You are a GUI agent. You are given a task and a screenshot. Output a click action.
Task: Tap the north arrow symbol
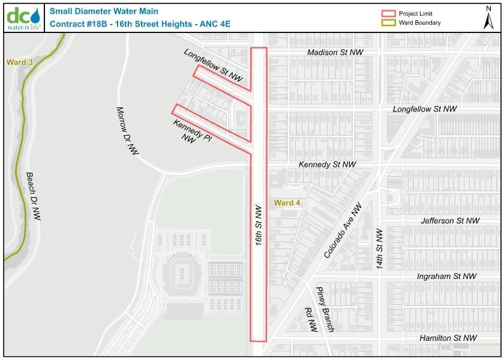(x=489, y=17)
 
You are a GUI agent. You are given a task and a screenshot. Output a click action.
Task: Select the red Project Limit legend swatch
(x=389, y=14)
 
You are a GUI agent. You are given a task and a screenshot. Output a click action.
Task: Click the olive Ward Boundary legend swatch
(x=389, y=23)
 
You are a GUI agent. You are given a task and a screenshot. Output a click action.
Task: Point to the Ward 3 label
(x=19, y=62)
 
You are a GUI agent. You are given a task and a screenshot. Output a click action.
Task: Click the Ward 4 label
(x=287, y=203)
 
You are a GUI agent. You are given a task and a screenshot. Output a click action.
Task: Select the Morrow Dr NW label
(x=127, y=131)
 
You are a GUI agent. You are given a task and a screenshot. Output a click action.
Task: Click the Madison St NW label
(x=335, y=53)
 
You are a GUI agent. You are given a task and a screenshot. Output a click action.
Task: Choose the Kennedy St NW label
(x=328, y=164)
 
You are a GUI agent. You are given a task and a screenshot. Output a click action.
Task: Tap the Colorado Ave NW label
(x=343, y=231)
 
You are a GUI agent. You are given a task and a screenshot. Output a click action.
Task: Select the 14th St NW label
(x=379, y=248)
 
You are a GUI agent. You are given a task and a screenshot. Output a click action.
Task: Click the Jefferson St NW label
(x=450, y=221)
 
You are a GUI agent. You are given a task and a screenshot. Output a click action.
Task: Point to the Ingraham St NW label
(x=446, y=276)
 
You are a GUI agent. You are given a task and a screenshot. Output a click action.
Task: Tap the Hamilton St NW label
(x=448, y=338)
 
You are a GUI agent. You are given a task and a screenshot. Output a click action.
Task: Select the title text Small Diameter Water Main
(x=95, y=11)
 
